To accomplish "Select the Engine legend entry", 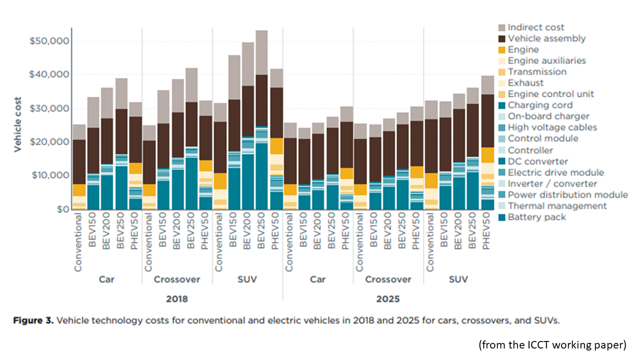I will pyautogui.click(x=523, y=49).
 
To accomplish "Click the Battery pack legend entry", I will pyautogui.click(x=536, y=217).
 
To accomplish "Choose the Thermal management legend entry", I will pyautogui.click(x=557, y=206).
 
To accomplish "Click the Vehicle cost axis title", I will pyautogui.click(x=17, y=124).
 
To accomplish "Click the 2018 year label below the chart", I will pyautogui.click(x=177, y=299).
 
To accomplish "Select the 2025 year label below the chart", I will pyautogui.click(x=388, y=299).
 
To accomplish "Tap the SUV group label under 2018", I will pyautogui.click(x=247, y=279).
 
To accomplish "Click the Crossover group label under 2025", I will pyautogui.click(x=388, y=279).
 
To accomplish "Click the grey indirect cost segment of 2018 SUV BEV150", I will pyautogui.click(x=233, y=77).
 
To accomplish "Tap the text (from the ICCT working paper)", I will pyautogui.click(x=552, y=344).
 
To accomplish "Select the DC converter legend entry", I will pyautogui.click(x=537, y=161).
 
